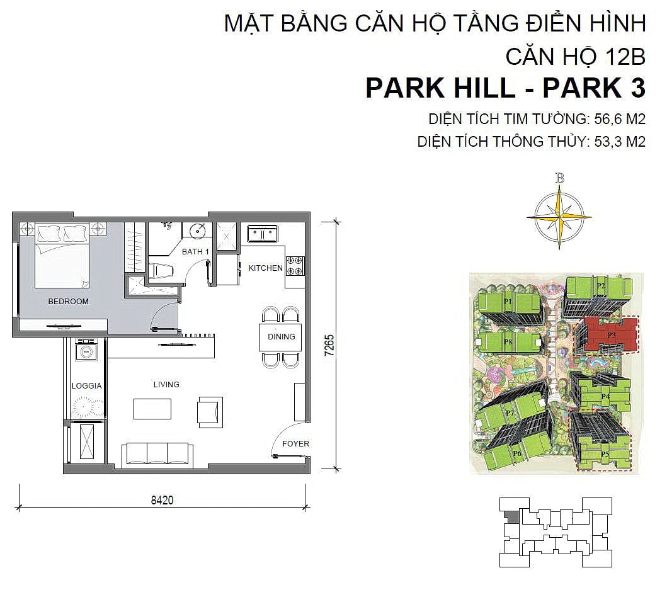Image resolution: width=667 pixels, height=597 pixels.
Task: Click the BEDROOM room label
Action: [x=68, y=302]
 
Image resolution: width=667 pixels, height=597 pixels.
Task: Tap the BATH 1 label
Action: [x=195, y=252]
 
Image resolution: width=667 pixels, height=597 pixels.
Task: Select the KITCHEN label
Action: [x=265, y=268]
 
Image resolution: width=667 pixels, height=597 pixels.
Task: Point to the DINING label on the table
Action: [x=281, y=336]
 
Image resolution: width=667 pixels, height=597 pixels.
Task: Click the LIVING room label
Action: [x=166, y=384]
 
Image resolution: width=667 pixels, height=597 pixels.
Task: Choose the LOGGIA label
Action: [x=86, y=385]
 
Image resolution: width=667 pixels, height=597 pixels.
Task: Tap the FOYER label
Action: [x=295, y=443]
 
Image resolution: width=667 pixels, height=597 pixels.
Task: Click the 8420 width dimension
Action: [x=162, y=500]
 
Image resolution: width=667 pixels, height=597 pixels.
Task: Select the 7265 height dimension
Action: [x=329, y=345]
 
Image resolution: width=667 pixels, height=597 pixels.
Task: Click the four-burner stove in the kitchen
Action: [x=295, y=266]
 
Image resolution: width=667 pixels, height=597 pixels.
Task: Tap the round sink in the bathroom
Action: [x=198, y=231]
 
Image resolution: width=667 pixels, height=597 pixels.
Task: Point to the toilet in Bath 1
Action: [x=161, y=270]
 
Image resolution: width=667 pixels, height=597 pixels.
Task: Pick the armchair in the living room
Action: [x=210, y=412]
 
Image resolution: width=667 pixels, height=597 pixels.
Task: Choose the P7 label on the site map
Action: [x=510, y=413]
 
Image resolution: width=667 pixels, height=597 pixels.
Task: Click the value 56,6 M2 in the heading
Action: [x=620, y=119]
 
